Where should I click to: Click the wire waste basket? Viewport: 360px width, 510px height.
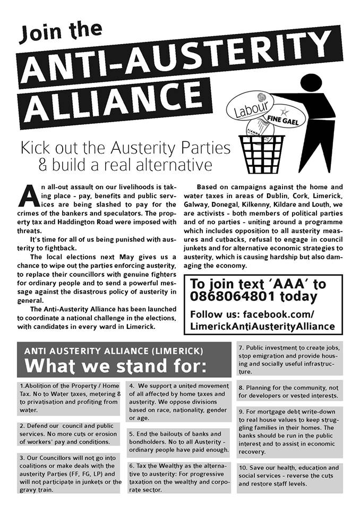tap(265, 154)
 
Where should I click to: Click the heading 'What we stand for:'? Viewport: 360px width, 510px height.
tap(115, 366)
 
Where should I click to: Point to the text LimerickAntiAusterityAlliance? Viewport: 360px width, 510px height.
tap(262, 326)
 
